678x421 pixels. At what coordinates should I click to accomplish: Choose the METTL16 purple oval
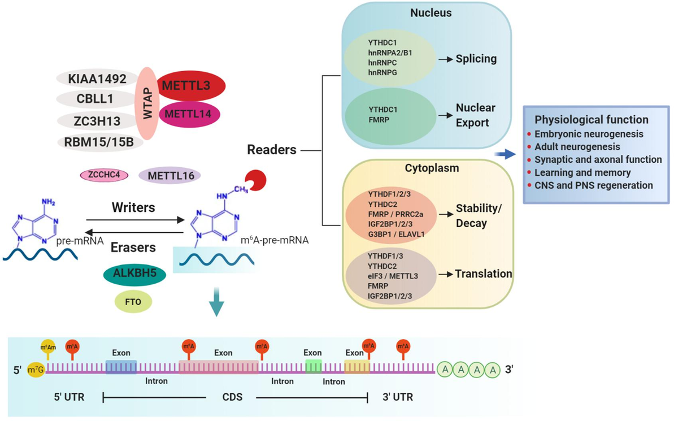coord(171,176)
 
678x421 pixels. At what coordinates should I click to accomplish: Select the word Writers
coord(134,207)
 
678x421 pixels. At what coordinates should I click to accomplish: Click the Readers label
coord(272,150)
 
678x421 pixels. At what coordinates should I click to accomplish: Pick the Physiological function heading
coord(591,120)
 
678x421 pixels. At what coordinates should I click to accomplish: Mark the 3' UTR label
coord(394,397)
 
